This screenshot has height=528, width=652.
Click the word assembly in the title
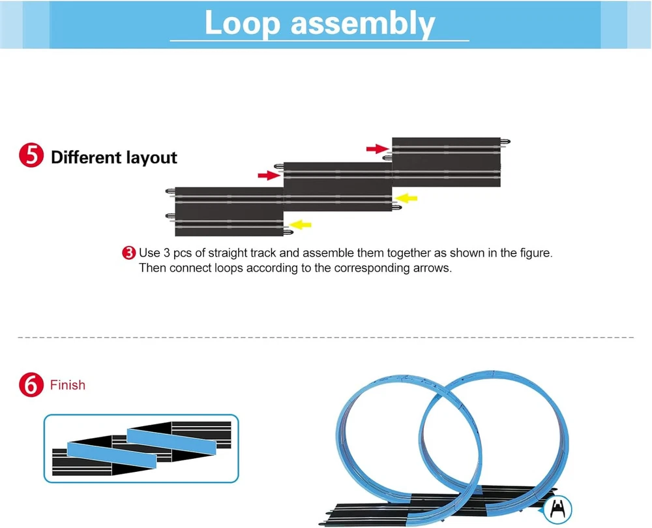[x=363, y=25]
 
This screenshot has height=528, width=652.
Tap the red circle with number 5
[x=31, y=157]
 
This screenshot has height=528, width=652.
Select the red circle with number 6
[x=31, y=385]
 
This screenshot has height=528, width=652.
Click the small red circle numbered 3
[x=129, y=253]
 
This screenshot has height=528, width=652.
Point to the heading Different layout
[x=114, y=157]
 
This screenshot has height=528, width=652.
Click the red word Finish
[x=68, y=385]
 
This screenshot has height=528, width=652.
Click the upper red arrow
[x=377, y=149]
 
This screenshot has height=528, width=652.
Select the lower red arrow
[x=268, y=175]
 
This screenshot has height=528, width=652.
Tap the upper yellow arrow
[x=407, y=198]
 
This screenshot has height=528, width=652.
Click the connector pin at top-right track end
[x=506, y=141]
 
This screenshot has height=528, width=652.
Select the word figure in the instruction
[x=534, y=253]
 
